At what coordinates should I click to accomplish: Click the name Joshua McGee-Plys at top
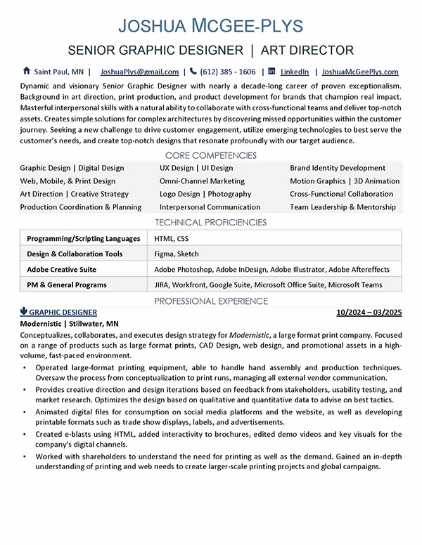point(211,27)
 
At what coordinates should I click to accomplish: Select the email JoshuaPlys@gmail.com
point(139,72)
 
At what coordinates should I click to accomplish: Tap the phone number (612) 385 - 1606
point(227,72)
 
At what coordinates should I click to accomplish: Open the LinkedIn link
point(295,72)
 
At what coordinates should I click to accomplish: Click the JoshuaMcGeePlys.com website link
point(360,72)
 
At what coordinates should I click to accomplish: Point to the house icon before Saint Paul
point(27,71)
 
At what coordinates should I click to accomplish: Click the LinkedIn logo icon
point(272,71)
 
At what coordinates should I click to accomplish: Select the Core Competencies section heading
point(211,155)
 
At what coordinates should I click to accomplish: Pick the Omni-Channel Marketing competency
point(201,181)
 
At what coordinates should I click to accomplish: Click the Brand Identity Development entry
point(338,169)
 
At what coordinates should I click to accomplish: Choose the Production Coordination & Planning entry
point(81,207)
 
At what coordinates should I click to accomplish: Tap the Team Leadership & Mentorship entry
point(343,207)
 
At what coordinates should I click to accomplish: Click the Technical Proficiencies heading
point(211,223)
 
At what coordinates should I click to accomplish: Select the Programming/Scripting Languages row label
point(83,239)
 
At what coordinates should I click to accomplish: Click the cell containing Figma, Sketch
point(177,254)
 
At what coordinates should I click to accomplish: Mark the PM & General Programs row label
point(67,285)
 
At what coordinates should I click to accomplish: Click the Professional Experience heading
point(211,301)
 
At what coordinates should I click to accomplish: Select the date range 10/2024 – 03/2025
point(369,312)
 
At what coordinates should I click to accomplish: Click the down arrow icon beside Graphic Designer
point(24,311)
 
